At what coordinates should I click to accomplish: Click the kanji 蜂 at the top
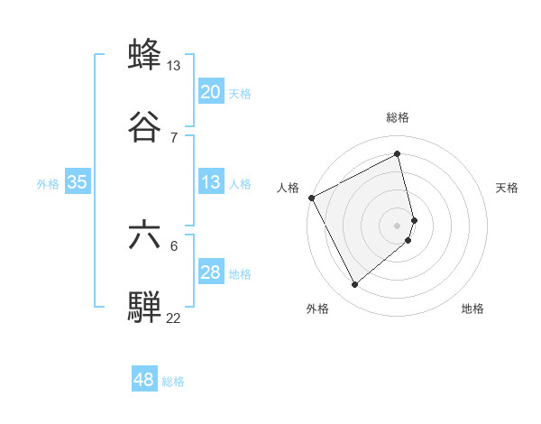[x=145, y=55]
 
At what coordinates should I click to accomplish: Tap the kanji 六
[x=145, y=235]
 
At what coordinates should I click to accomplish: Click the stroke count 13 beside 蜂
[x=174, y=65]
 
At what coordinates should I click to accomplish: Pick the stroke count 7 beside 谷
[x=174, y=137]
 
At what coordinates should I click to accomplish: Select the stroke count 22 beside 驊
[x=174, y=318]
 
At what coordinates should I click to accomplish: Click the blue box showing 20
[x=211, y=92]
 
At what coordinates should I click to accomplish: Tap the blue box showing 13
[x=211, y=182]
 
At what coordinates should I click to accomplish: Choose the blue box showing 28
[x=211, y=272]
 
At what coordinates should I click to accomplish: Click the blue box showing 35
[x=78, y=182]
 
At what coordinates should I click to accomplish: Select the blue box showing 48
[x=144, y=380]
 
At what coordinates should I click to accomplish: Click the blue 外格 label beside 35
[x=48, y=183]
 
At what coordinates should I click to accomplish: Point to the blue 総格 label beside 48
[x=173, y=382]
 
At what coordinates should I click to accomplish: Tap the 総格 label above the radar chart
[x=398, y=117]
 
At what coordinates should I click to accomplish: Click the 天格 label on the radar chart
[x=508, y=188]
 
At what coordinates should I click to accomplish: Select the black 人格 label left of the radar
[x=289, y=188]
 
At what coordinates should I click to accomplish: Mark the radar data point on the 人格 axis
[x=311, y=198]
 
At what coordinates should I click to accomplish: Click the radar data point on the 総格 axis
[x=398, y=154]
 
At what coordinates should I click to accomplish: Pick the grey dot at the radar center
[x=398, y=225]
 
